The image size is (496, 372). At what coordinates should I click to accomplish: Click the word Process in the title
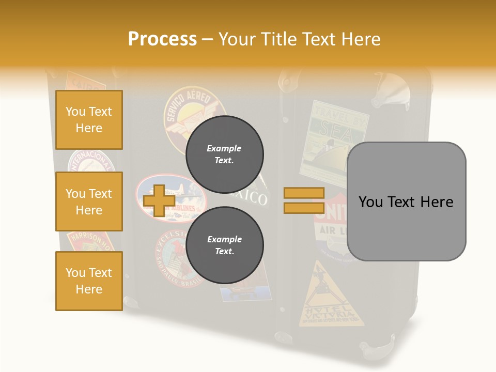click(162, 39)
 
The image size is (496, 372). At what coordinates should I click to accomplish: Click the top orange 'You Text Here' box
click(89, 120)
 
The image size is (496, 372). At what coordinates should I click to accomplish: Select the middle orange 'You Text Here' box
click(89, 202)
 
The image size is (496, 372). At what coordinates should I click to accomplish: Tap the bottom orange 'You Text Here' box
click(89, 281)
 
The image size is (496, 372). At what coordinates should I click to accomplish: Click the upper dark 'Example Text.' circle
click(224, 154)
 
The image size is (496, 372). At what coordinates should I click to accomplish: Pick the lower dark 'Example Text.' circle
click(224, 245)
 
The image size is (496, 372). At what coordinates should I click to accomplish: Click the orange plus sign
click(159, 200)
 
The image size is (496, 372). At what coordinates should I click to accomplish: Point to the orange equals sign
click(304, 200)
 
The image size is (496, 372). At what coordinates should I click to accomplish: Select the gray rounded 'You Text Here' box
click(406, 202)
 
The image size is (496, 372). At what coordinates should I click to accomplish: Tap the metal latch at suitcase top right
click(391, 88)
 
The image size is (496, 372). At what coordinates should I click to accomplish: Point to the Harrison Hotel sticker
click(91, 241)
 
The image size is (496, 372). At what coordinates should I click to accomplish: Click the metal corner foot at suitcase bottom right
click(380, 348)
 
